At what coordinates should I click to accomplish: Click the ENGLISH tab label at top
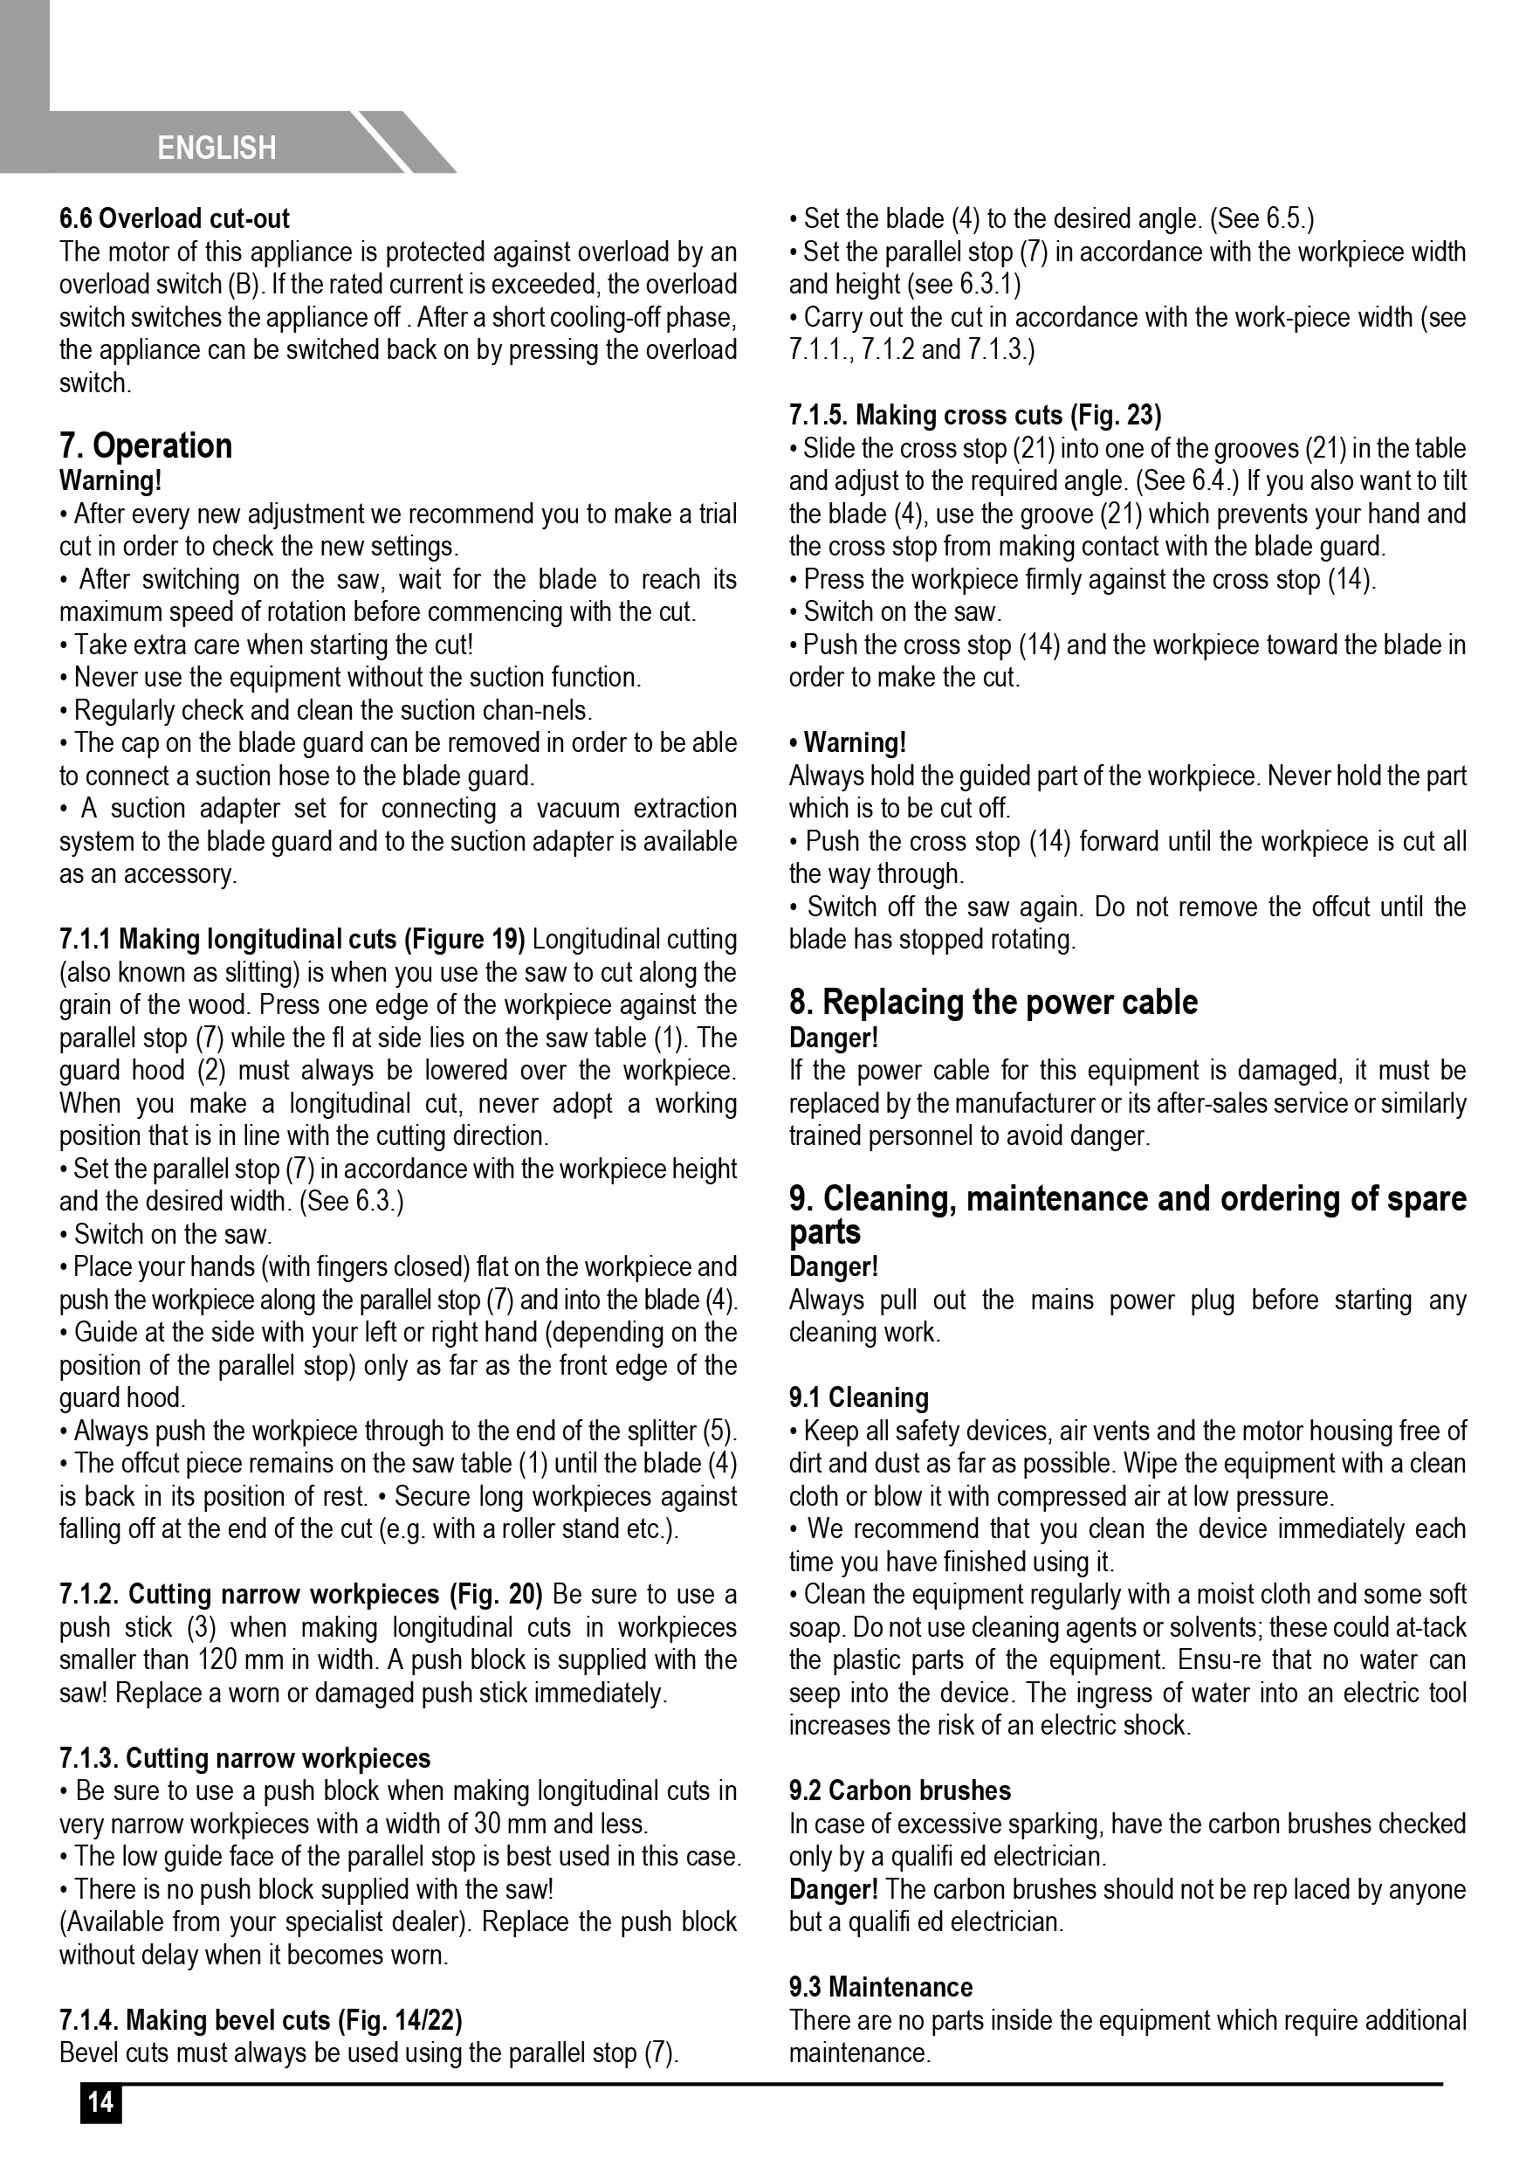(217, 148)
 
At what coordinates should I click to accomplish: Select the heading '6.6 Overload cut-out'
(175, 219)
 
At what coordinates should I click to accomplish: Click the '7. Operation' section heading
(146, 445)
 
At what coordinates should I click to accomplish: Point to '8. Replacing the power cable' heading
(993, 1002)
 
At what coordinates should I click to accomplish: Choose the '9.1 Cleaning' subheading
(858, 1397)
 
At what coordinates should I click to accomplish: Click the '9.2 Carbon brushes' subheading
(900, 1790)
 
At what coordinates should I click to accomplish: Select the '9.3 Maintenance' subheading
(881, 1987)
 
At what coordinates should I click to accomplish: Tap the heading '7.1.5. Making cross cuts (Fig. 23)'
(975, 415)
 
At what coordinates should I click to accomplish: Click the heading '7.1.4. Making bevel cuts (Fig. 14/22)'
(261, 2020)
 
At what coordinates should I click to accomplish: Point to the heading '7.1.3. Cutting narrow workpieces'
(245, 1757)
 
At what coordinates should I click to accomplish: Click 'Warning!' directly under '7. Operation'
(110, 481)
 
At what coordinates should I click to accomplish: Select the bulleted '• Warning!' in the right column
(848, 742)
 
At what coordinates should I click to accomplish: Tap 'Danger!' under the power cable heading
(833, 1038)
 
